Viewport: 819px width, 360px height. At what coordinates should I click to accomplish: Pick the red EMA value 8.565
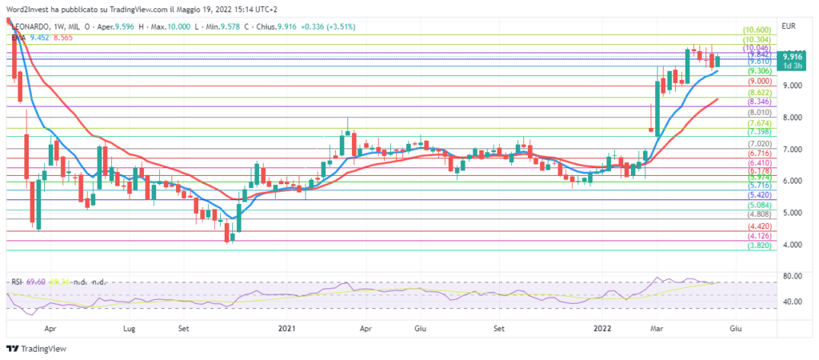[62, 36]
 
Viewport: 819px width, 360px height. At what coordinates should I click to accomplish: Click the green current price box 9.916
[793, 57]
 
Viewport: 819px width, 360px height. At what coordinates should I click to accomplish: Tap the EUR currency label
[789, 26]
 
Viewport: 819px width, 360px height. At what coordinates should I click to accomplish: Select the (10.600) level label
[757, 29]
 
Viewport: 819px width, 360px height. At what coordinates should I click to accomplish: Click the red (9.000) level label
[759, 81]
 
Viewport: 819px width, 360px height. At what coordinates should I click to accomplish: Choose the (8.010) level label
[759, 113]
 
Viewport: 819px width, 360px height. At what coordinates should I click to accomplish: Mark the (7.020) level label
[759, 143]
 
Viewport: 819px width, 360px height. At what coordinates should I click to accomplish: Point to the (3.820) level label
[759, 246]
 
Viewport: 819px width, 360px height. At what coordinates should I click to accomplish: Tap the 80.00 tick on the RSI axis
[793, 277]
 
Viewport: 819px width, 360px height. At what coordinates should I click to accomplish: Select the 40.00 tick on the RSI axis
[793, 302]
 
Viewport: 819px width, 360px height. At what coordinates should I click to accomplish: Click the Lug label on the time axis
[130, 328]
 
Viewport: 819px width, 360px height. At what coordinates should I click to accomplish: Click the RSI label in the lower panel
[16, 282]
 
